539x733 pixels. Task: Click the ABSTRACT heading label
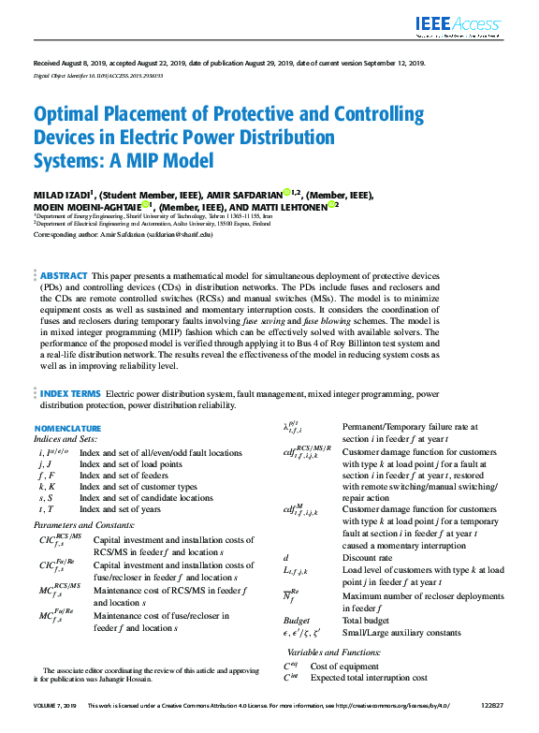(64, 276)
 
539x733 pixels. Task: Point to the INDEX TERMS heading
(71, 395)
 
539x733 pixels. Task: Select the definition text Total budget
(367, 621)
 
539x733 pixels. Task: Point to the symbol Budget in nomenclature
(296, 621)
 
